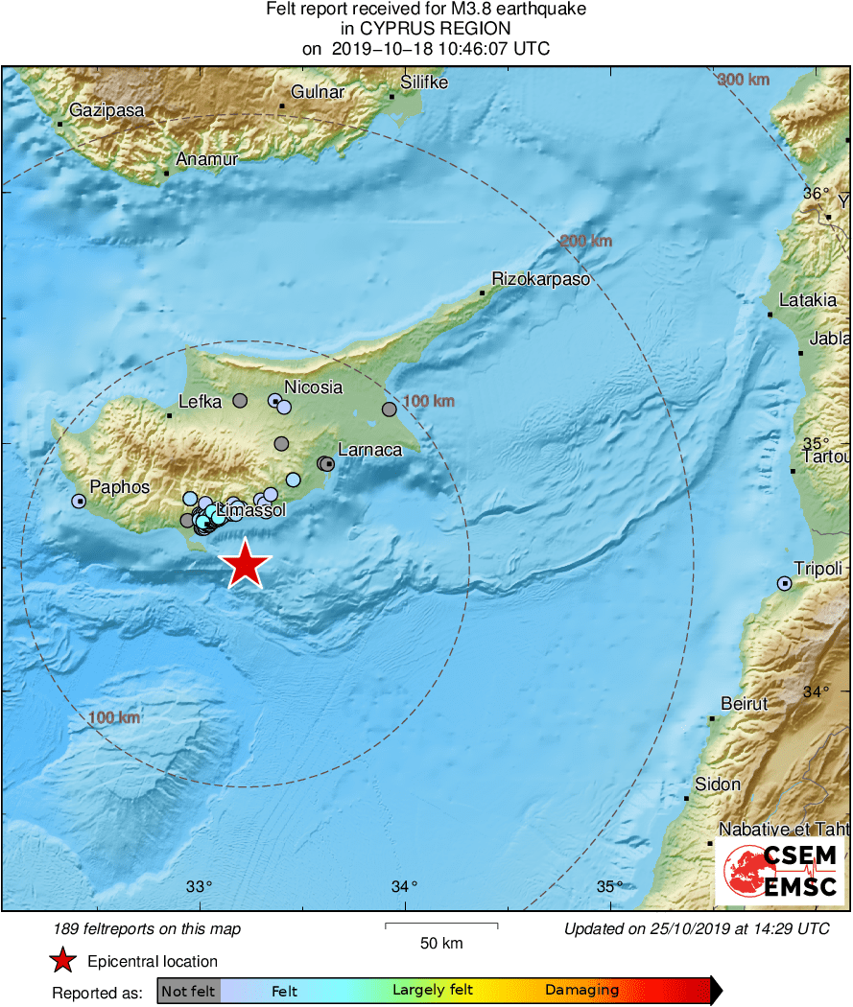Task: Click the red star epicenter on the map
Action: coord(246,564)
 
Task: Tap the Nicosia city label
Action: coord(313,387)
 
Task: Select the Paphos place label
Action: coord(120,487)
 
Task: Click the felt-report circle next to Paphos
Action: coord(79,501)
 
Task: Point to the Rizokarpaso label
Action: coord(540,280)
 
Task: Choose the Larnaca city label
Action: coord(369,450)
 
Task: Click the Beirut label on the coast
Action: coord(745,704)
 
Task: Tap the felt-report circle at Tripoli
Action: coord(785,583)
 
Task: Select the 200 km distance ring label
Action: coord(585,241)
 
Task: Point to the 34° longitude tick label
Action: coord(404,886)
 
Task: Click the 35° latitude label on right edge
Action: coord(816,444)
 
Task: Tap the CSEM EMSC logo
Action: coord(779,871)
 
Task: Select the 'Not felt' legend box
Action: coord(188,991)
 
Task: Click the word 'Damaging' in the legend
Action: coord(581,991)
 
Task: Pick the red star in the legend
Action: coord(63,961)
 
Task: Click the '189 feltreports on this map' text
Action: coord(148,928)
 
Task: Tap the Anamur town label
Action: coord(206,160)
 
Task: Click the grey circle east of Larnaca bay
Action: coord(389,410)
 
